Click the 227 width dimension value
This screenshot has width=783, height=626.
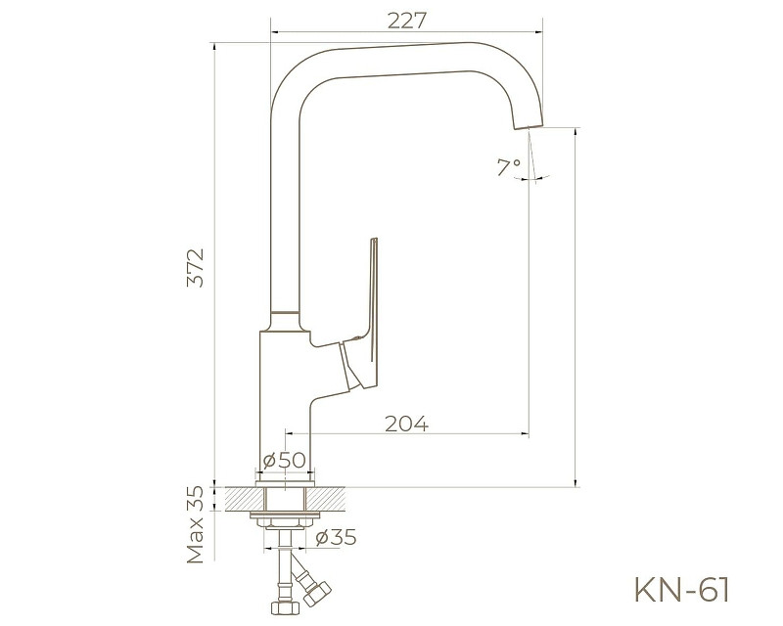pos(404,21)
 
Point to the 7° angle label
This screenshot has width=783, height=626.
pos(508,167)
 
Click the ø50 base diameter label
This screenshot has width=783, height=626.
pos(285,460)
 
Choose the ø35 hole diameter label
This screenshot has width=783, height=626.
pos(336,536)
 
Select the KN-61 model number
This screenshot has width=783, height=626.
pos(682,589)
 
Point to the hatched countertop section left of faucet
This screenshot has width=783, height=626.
pos(241,498)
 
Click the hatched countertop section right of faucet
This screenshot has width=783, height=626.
pos(332,498)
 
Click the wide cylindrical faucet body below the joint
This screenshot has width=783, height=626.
pos(284,401)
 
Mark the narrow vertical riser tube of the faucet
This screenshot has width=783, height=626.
pos(285,215)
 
